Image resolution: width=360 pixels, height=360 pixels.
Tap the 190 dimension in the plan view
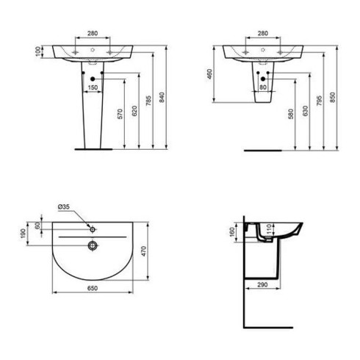tap(25, 232)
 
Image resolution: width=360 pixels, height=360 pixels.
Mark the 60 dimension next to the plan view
tap(39, 225)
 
